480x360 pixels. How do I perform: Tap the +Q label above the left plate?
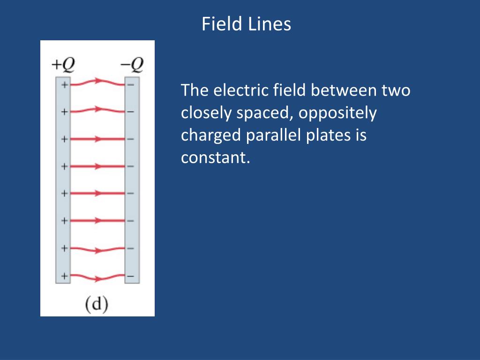63,65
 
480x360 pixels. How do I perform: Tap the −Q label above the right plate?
132,65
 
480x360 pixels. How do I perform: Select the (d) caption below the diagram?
97,304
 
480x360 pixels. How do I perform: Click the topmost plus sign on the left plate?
64,85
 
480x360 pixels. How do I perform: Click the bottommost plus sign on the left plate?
64,276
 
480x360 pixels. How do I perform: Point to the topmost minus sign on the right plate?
131,85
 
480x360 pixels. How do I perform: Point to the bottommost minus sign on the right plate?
131,276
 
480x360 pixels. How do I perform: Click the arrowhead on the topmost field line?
98,81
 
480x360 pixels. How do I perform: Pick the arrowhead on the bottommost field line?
98,279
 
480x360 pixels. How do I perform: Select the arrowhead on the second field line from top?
98,109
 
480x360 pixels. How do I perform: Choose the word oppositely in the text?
337,113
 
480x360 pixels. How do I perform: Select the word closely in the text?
206,113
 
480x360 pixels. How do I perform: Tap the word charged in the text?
211,135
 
